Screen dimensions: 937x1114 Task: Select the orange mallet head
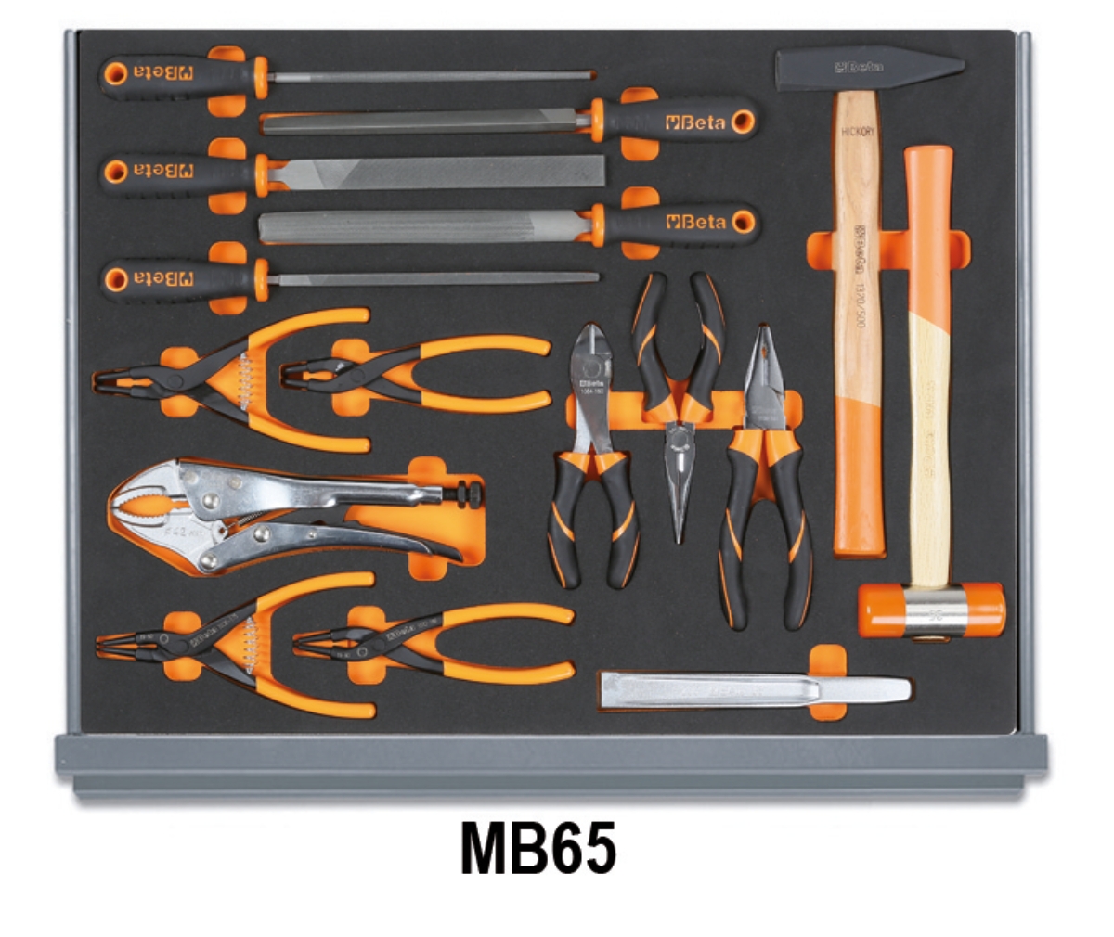coord(931,610)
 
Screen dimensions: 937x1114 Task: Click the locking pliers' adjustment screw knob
coord(468,494)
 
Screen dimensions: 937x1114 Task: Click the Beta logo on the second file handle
coord(695,122)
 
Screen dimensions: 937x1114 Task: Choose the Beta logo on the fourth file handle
coord(695,223)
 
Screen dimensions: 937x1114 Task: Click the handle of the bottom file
coord(176,277)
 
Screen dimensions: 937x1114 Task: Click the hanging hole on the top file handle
coord(116,73)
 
